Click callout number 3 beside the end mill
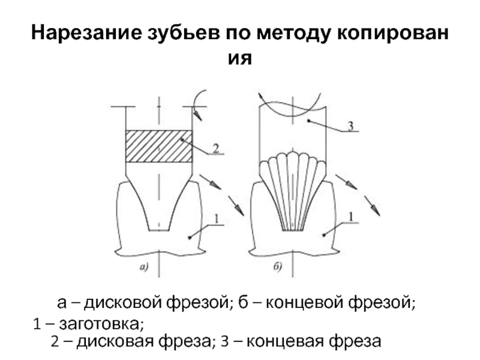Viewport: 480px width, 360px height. (353, 127)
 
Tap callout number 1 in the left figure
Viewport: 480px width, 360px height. (216, 220)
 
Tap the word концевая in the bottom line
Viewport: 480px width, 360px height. (281, 342)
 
